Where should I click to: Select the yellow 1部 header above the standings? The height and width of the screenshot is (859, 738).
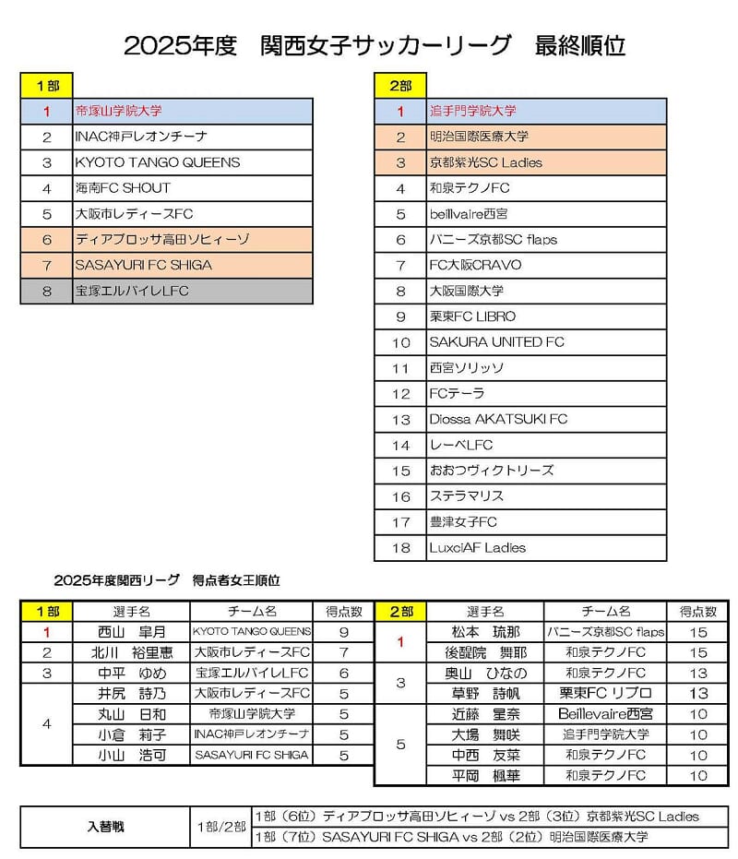click(x=46, y=85)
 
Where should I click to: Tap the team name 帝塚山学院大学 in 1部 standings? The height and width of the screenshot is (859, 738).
click(x=119, y=111)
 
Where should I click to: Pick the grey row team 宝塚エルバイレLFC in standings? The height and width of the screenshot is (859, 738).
click(x=135, y=291)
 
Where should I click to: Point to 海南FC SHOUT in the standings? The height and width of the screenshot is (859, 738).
click(x=123, y=188)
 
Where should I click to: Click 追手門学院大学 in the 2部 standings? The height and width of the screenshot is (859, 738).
click(x=473, y=111)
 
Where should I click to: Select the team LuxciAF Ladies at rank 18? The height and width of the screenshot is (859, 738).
click(x=477, y=547)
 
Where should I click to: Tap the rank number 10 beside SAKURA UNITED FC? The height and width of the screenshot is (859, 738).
click(x=400, y=342)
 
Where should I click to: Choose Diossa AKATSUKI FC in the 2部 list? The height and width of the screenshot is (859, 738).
click(x=498, y=419)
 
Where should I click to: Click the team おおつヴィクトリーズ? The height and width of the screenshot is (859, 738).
click(x=492, y=471)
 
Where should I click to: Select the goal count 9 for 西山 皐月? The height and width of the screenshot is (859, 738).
click(x=343, y=632)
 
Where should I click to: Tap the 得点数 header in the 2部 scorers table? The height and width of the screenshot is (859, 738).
click(x=698, y=612)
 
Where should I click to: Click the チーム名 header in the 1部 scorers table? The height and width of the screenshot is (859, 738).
click(x=251, y=612)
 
